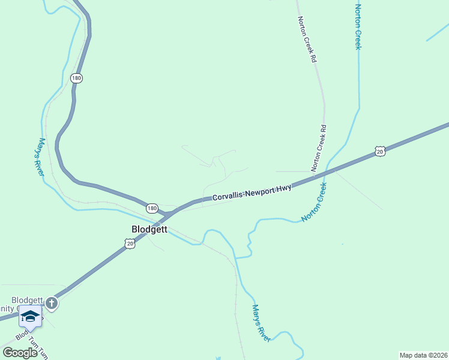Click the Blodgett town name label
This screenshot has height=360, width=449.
click(x=149, y=229)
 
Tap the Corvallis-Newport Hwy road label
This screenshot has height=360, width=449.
click(x=252, y=192)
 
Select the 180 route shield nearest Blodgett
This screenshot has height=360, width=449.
click(x=152, y=208)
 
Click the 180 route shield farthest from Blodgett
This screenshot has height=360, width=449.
click(x=76, y=78)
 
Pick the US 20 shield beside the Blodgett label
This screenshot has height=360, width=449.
click(x=130, y=242)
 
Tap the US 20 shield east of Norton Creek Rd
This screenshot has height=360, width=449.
click(x=379, y=152)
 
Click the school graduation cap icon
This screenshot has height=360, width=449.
click(x=30, y=316)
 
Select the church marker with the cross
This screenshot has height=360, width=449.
click(x=52, y=303)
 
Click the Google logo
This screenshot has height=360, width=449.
click(x=20, y=352)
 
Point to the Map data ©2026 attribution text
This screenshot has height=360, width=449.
click(x=423, y=355)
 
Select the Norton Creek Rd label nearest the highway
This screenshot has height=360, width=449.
click(x=319, y=148)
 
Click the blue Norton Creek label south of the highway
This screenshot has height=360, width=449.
click(x=314, y=202)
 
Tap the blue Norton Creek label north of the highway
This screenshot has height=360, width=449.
click(x=358, y=27)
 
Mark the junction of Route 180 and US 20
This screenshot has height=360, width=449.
click(x=166, y=214)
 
